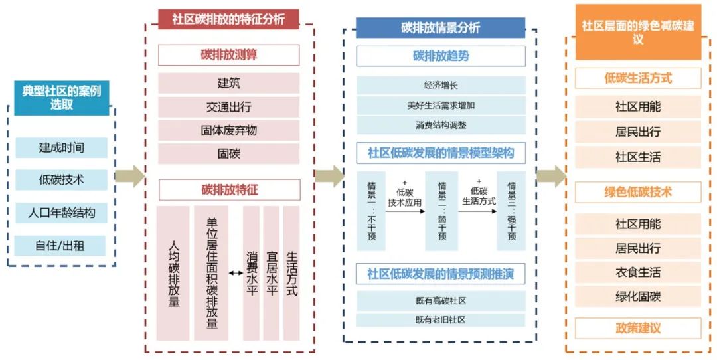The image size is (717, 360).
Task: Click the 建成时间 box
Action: (x=61, y=147)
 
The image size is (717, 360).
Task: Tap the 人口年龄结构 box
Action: (x=61, y=213)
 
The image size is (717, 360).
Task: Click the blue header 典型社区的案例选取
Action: (x=62, y=97)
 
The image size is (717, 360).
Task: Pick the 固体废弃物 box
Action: (x=228, y=130)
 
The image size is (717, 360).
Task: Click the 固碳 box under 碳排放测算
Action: (x=228, y=154)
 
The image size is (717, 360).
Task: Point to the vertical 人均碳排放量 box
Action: (x=173, y=274)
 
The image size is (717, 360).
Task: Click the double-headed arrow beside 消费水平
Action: (x=236, y=273)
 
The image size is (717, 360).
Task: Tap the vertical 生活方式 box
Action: (x=291, y=274)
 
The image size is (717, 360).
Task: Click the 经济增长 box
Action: (x=441, y=85)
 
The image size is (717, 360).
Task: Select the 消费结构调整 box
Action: (x=441, y=125)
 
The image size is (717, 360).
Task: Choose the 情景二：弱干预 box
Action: (x=441, y=211)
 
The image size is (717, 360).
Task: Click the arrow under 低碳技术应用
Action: (x=405, y=211)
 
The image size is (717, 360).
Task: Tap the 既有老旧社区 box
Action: (x=441, y=319)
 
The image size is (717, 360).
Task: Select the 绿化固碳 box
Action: (x=638, y=296)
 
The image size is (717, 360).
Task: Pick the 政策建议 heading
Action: (x=638, y=328)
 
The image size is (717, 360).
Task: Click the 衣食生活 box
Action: (x=638, y=272)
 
